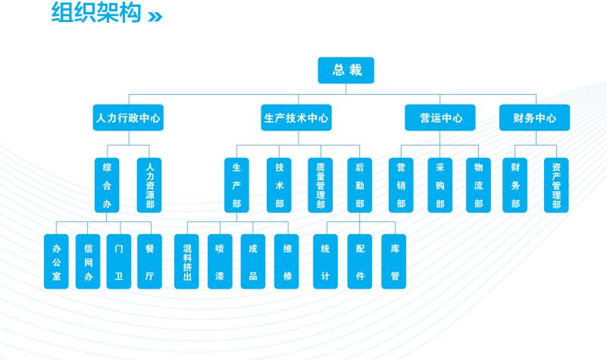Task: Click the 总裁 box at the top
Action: (x=346, y=70)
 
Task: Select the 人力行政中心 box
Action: (x=128, y=118)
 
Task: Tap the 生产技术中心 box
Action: (x=296, y=118)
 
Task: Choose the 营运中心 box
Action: (x=440, y=118)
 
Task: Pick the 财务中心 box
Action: (x=535, y=118)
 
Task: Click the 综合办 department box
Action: (x=107, y=185)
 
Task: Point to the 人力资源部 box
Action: (x=149, y=185)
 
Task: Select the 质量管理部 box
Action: (x=321, y=185)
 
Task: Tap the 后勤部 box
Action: (x=359, y=185)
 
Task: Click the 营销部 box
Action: (x=401, y=185)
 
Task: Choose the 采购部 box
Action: (x=440, y=185)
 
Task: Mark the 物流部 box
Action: (x=478, y=185)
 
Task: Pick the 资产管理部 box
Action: (x=556, y=185)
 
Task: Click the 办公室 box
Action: (x=56, y=261)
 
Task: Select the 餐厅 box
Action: (x=149, y=261)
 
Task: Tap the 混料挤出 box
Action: (x=186, y=261)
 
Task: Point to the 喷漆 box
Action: (x=220, y=261)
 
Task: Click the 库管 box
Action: (x=394, y=261)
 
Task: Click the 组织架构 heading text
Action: (x=95, y=13)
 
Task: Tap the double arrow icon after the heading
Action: (x=155, y=15)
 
